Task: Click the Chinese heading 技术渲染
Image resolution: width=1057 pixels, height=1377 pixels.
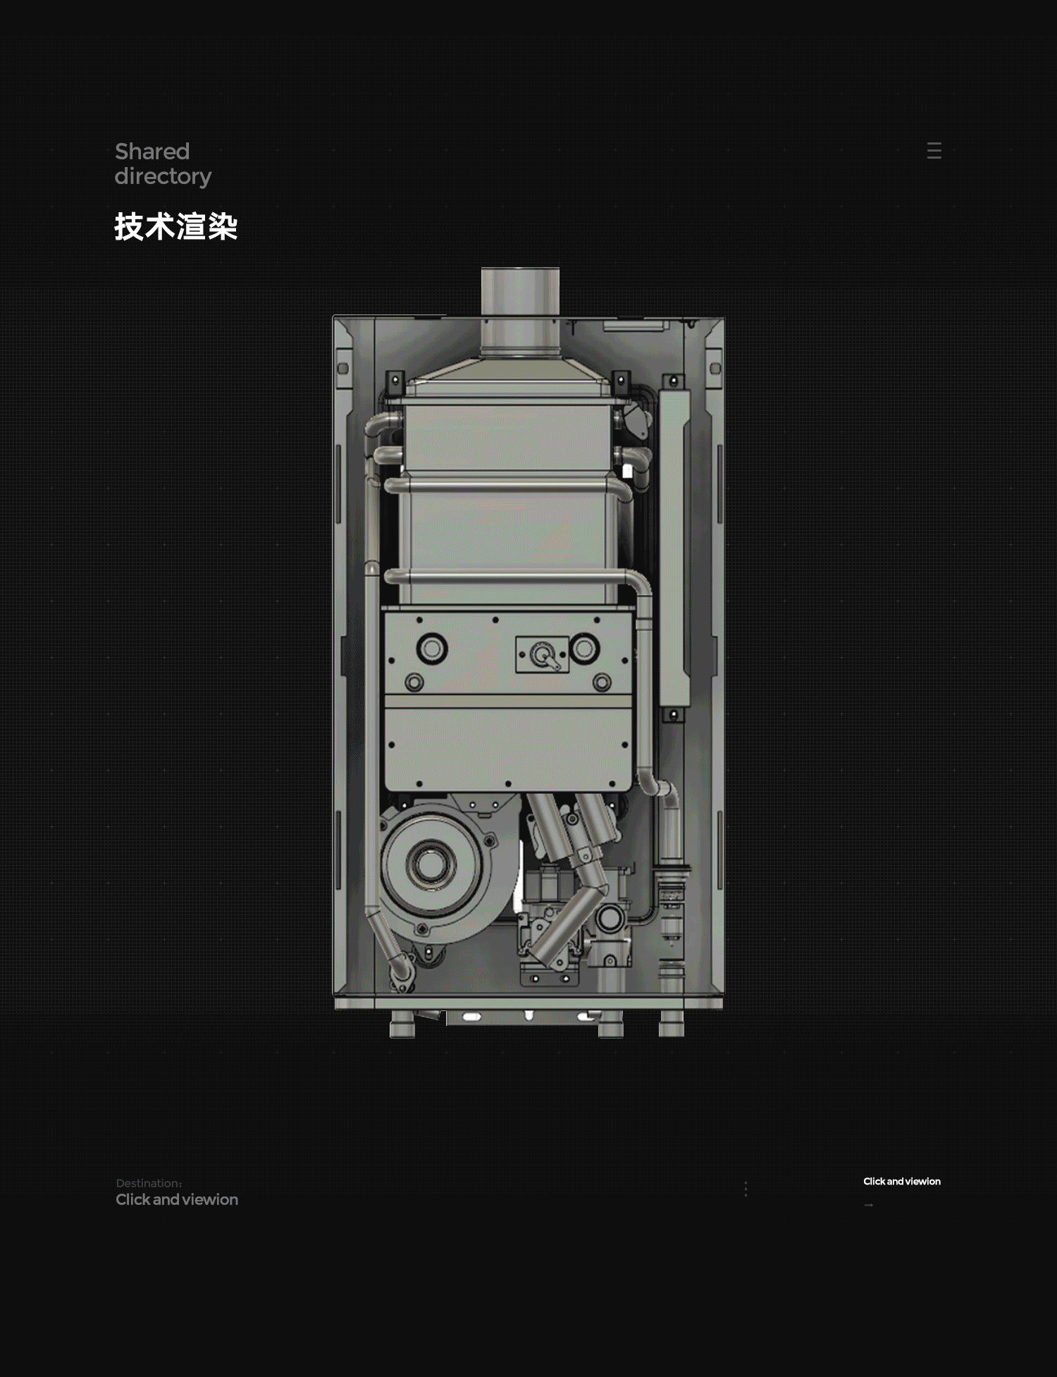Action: tap(176, 226)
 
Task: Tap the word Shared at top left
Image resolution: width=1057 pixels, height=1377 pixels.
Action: tap(152, 151)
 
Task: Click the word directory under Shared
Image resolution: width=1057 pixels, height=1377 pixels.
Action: tap(163, 176)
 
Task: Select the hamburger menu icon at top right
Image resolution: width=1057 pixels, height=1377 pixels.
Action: tap(934, 150)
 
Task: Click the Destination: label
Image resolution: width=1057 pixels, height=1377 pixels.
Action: tap(149, 1183)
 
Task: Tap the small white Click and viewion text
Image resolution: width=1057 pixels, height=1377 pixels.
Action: tap(902, 1181)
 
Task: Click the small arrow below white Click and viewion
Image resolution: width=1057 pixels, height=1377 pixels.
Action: tap(869, 1205)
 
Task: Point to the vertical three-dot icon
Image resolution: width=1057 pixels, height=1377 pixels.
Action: tap(746, 1189)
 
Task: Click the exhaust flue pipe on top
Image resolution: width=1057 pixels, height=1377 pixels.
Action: tap(520, 310)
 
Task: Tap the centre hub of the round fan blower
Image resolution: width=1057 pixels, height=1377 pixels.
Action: tap(430, 863)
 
